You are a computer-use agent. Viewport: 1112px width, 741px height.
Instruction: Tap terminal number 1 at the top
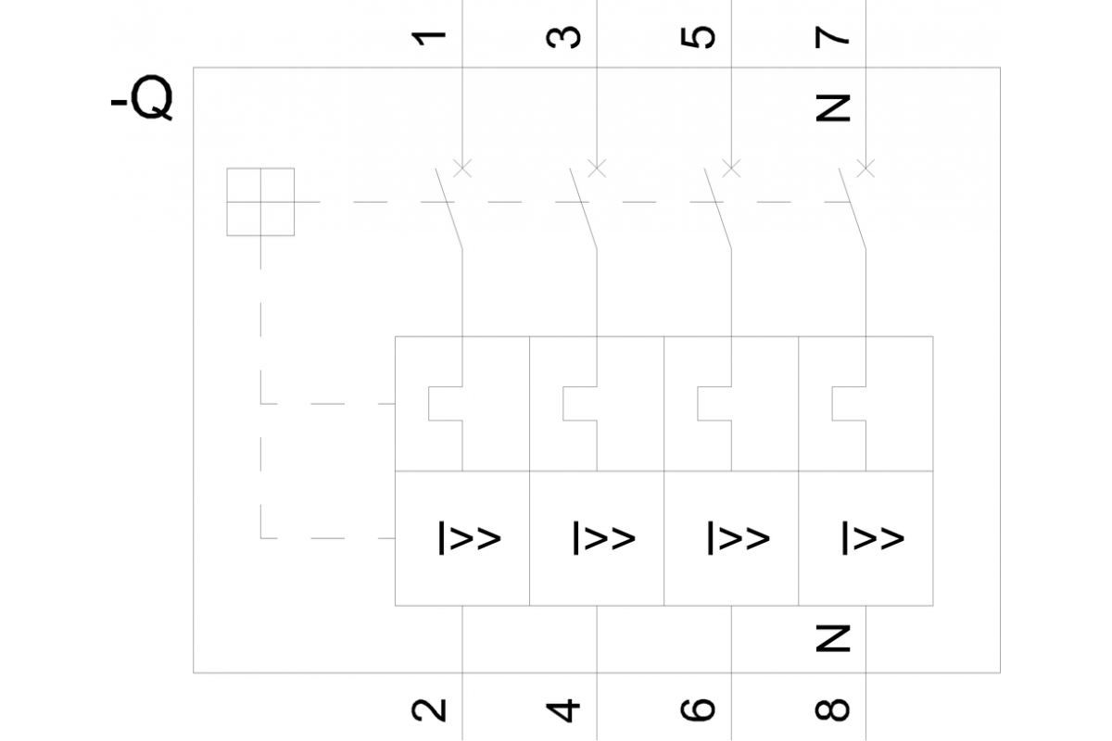(x=429, y=36)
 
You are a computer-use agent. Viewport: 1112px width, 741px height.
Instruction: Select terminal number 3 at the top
(x=564, y=36)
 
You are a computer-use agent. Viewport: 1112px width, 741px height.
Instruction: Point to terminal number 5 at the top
(x=700, y=36)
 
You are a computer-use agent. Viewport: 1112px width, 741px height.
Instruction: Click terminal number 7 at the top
(x=833, y=36)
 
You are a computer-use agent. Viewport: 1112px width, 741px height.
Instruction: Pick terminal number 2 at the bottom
(x=429, y=709)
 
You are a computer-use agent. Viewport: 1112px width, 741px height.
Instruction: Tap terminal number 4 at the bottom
(x=564, y=709)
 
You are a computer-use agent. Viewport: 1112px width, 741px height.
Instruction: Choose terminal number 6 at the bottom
(x=700, y=709)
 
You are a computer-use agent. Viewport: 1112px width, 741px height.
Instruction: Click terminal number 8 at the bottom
(x=833, y=709)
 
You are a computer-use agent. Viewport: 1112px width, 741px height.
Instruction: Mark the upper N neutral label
(x=833, y=108)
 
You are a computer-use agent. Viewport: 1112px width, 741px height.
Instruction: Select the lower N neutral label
(x=833, y=637)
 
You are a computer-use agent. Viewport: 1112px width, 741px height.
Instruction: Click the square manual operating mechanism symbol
(x=260, y=201)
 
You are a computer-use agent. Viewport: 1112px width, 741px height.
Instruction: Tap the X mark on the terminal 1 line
(x=461, y=168)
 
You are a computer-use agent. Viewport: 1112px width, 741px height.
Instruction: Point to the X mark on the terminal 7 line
(x=866, y=168)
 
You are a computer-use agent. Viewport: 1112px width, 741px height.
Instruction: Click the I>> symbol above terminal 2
(x=469, y=538)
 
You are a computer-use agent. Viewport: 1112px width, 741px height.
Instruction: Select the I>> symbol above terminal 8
(x=872, y=538)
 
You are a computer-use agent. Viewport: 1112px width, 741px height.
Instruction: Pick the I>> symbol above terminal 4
(x=603, y=538)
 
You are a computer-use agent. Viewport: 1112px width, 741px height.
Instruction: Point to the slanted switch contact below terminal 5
(x=718, y=207)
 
